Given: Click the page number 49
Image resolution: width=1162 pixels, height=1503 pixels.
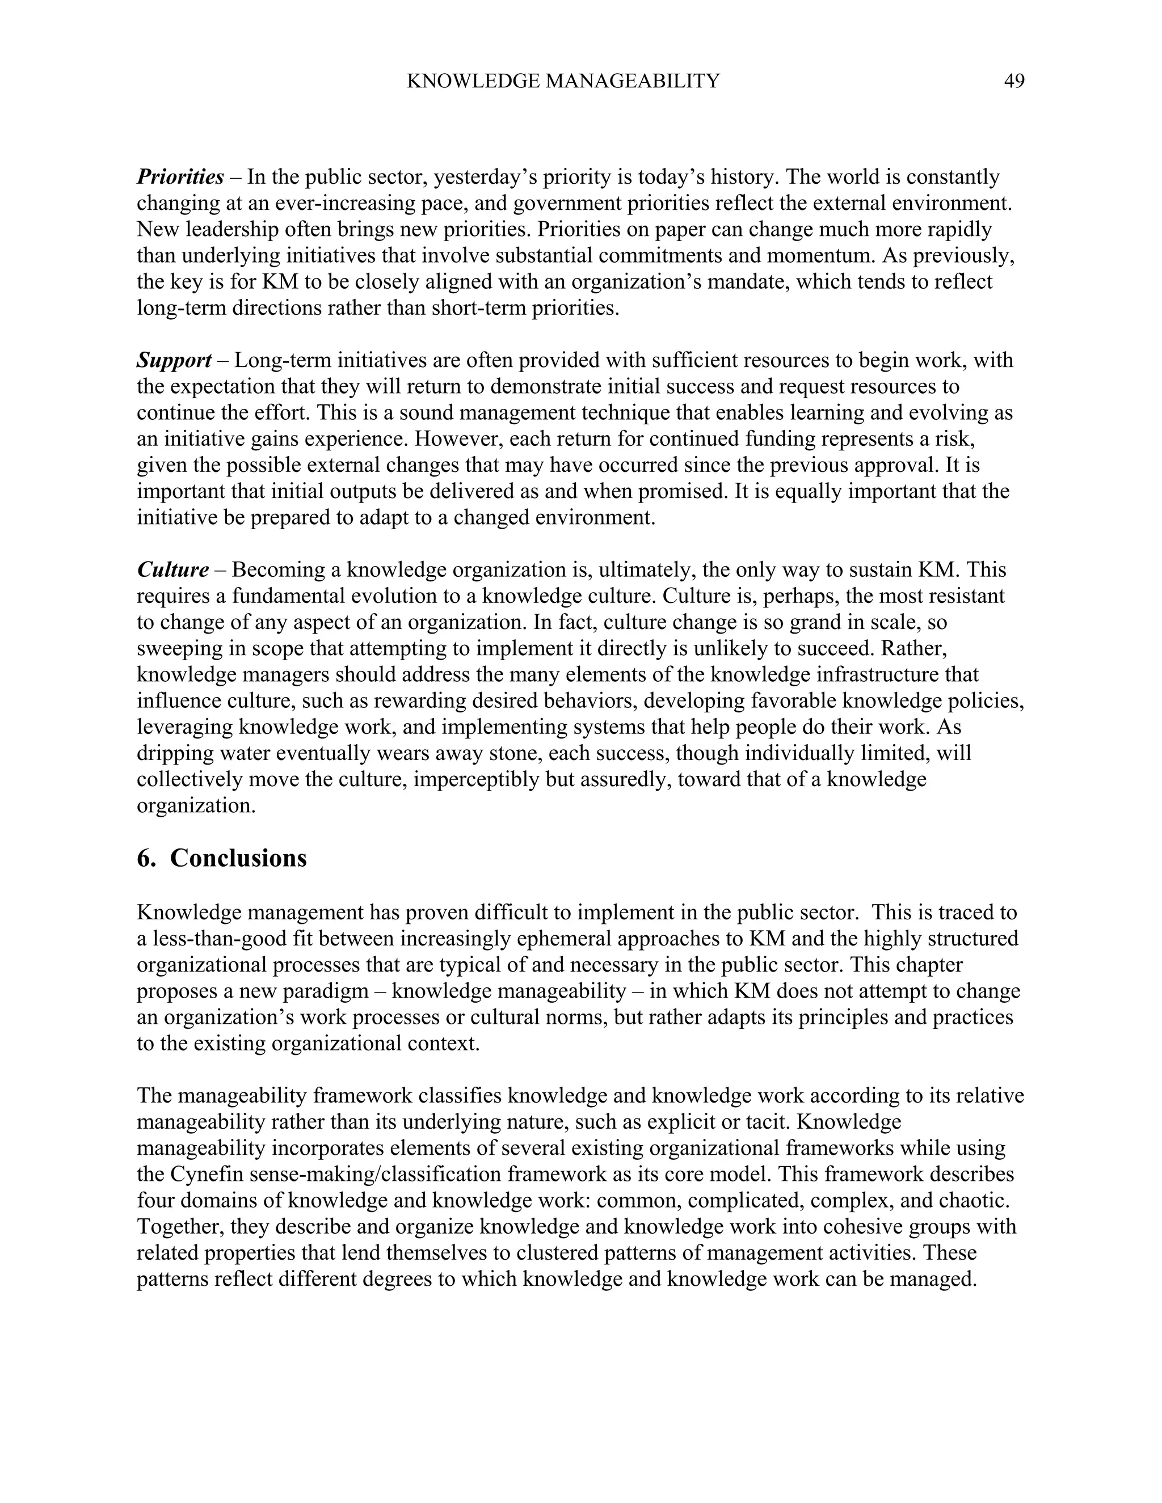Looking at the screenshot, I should [x=1014, y=81].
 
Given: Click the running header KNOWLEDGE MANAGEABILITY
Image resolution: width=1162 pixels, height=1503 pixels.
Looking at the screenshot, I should [x=563, y=81].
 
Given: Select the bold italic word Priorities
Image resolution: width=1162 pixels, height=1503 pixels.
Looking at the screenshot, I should [x=180, y=177].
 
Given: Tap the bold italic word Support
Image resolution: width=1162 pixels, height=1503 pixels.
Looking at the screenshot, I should [x=174, y=360].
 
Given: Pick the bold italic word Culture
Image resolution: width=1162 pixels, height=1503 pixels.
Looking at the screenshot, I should [x=173, y=570].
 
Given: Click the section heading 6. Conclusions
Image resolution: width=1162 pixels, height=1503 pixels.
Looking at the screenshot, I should [x=222, y=858].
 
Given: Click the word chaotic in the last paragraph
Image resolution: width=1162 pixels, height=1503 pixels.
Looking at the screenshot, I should [x=971, y=1200].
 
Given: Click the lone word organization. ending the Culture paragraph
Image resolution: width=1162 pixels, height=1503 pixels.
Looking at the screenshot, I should [x=196, y=805].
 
